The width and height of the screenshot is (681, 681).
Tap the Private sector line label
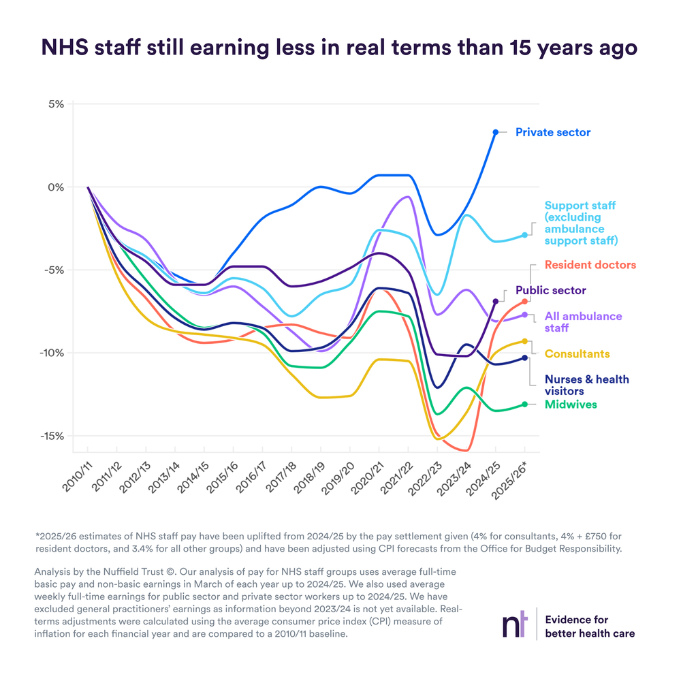pyautogui.click(x=553, y=132)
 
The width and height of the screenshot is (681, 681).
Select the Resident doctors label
pyautogui.click(x=589, y=265)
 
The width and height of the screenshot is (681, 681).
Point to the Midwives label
pyautogui.click(x=571, y=405)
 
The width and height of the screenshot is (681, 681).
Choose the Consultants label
pyautogui.click(x=577, y=354)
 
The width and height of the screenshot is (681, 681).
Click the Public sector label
pyautogui.click(x=550, y=290)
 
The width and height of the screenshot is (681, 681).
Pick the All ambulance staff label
pyautogui.click(x=583, y=322)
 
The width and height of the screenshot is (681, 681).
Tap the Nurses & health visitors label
pyautogui.click(x=586, y=385)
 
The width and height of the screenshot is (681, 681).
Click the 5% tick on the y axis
pyautogui.click(x=55, y=104)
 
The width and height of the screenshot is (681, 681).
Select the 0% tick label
pyautogui.click(x=55, y=187)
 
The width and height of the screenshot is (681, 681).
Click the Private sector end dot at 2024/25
pyautogui.click(x=496, y=132)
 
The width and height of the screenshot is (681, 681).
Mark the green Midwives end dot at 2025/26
pyautogui.click(x=525, y=404)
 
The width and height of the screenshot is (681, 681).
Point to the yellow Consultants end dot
pyautogui.click(x=525, y=341)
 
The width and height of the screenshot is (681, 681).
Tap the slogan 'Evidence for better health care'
pyautogui.click(x=590, y=627)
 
